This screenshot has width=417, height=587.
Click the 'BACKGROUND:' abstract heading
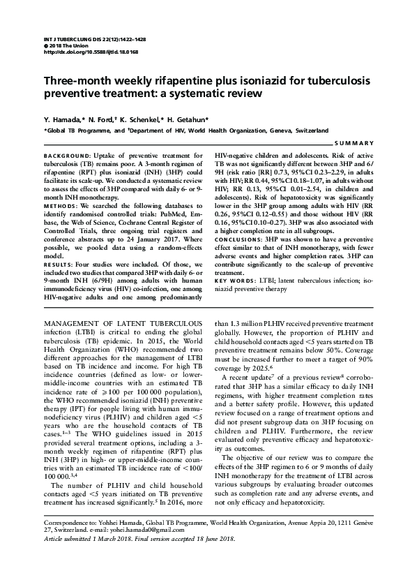pos(63,154)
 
